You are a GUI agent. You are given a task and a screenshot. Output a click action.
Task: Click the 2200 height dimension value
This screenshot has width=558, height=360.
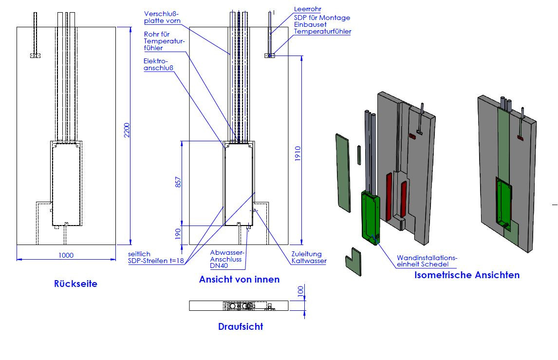126,130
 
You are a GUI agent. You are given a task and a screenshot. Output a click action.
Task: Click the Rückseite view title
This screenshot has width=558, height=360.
75,284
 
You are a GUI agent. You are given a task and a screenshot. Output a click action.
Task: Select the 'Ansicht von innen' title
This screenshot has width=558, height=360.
239,279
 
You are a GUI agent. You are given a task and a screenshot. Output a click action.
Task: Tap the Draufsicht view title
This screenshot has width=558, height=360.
241,327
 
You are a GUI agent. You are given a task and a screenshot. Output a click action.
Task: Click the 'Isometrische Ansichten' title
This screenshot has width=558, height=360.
466,275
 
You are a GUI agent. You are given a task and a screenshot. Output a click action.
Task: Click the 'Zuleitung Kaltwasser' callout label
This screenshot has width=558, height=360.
309,257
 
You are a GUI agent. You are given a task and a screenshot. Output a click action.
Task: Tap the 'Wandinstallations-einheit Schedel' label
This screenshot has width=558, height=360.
428,261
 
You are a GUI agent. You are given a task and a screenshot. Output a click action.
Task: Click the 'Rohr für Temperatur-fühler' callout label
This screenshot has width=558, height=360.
164,41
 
